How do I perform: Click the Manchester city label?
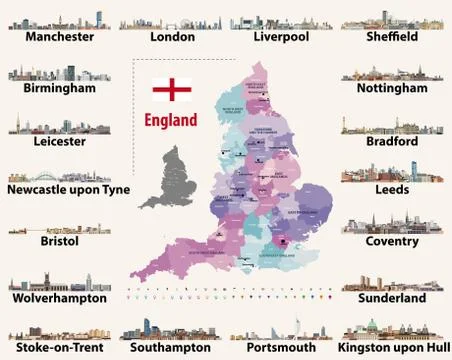[x=60, y=37]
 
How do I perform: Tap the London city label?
[x=172, y=37]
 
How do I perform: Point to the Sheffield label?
[x=391, y=37]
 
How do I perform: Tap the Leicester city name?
[x=48, y=142]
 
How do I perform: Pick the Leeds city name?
[x=391, y=190]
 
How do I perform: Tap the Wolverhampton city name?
[x=59, y=298]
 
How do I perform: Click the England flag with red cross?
[x=171, y=89]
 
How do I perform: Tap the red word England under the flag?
[x=171, y=119]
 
